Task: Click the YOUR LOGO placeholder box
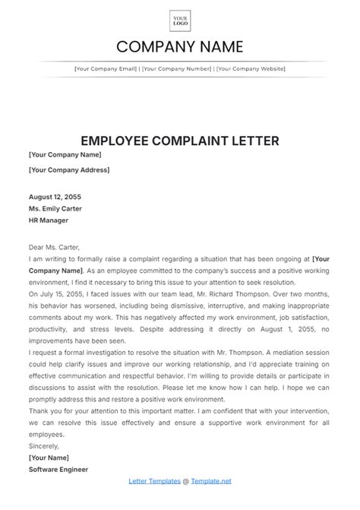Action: [180, 21]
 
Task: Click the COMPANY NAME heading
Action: [180, 46]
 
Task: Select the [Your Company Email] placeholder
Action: [106, 69]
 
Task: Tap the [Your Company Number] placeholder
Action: [176, 69]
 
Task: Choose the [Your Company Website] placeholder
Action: [251, 69]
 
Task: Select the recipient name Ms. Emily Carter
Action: [55, 207]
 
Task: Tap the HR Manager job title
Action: [49, 220]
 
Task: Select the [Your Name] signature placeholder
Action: [48, 458]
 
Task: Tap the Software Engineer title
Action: [58, 469]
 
